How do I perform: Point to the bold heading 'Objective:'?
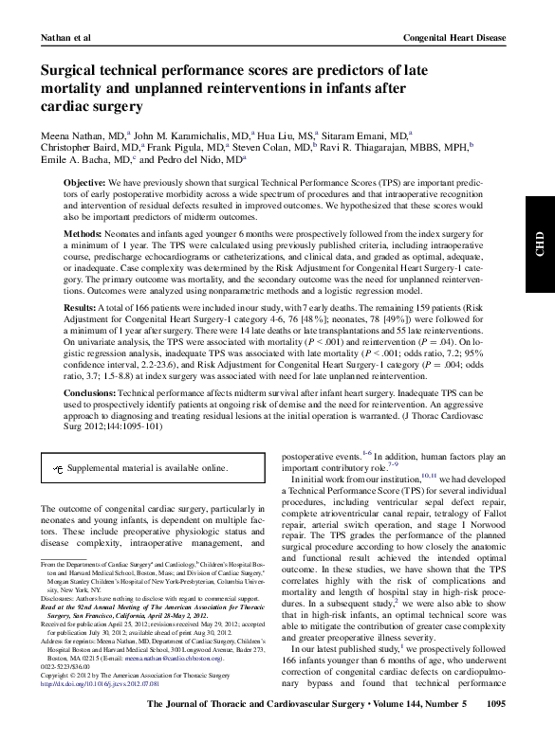coord(84,180)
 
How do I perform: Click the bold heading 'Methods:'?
coord(83,233)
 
